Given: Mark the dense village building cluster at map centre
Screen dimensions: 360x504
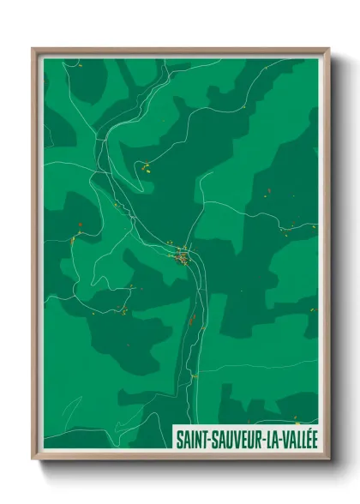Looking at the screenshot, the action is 182,255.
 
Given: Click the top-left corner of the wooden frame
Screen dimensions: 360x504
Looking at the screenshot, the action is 33,49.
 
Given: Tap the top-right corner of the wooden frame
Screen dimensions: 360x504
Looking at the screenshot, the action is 328,49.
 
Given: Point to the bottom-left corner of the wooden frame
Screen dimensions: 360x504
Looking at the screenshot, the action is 33,459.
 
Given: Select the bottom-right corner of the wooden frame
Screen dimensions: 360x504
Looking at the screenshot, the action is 328,459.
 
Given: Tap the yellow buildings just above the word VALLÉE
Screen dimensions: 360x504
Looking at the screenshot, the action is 296,419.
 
